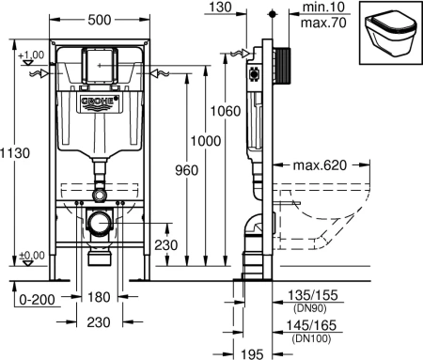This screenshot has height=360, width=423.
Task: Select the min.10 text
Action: (x=315, y=8)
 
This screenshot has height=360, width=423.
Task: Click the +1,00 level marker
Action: (x=31, y=54)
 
